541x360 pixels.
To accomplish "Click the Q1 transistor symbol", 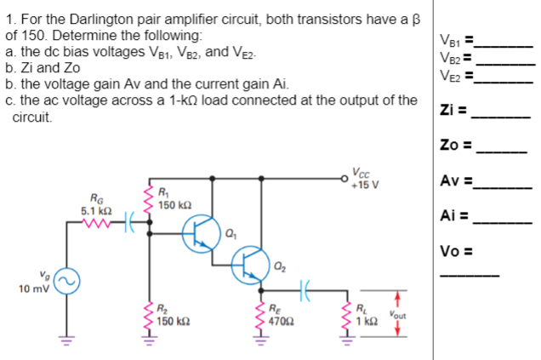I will point(200,232).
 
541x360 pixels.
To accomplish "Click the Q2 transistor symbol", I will point(251,265).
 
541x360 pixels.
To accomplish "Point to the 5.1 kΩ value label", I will point(94,209).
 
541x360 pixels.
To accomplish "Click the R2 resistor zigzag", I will point(152,320).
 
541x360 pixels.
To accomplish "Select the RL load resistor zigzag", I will point(348,320).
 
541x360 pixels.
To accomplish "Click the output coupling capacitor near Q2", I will point(307,290).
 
